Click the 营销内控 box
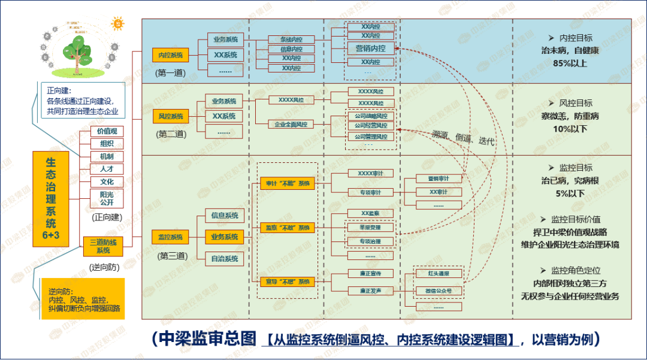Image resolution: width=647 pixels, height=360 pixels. click(370, 49)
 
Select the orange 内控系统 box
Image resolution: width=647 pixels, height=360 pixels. click(170, 55)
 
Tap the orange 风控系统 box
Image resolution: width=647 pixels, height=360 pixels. click(171, 116)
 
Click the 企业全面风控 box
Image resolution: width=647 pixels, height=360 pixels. click(291, 125)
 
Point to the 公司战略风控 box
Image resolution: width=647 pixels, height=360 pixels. click(371, 116)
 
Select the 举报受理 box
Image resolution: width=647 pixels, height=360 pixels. click(370, 228)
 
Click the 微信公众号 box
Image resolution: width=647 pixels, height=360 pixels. click(439, 291)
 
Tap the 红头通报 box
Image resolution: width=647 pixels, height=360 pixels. click(439, 274)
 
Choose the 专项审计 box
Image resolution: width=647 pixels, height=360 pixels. click(370, 192)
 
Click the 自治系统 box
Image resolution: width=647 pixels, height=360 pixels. click(225, 259)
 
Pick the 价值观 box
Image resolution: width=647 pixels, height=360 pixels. click(107, 131)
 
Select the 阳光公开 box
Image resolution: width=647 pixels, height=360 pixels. click(107, 198)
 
